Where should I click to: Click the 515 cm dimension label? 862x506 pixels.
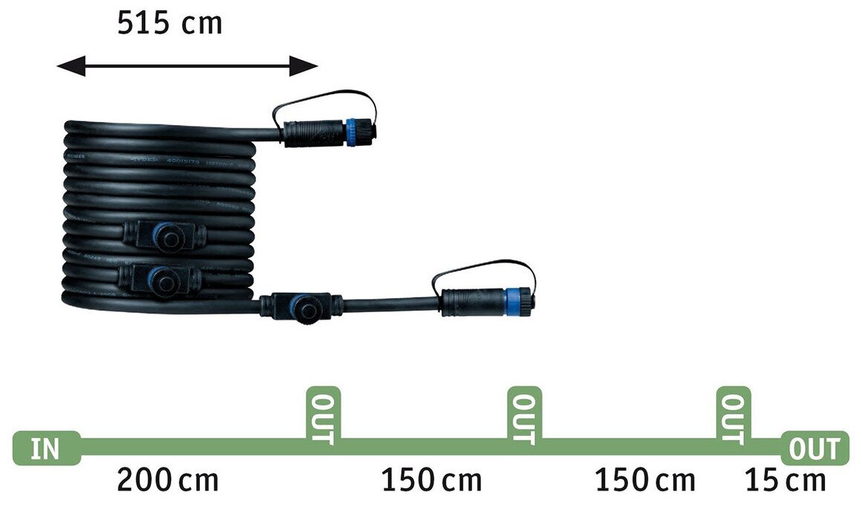point(170,23)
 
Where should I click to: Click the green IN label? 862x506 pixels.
point(46,448)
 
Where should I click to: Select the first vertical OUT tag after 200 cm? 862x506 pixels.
point(323,417)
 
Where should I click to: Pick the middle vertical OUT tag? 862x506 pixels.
point(524,417)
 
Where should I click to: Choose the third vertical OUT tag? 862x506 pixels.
point(733,417)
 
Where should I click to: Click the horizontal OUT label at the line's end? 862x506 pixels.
point(815,448)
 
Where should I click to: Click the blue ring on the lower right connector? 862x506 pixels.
point(512,301)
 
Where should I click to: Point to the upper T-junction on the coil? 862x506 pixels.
point(164,236)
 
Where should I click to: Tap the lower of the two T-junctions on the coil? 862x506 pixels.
point(160,279)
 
